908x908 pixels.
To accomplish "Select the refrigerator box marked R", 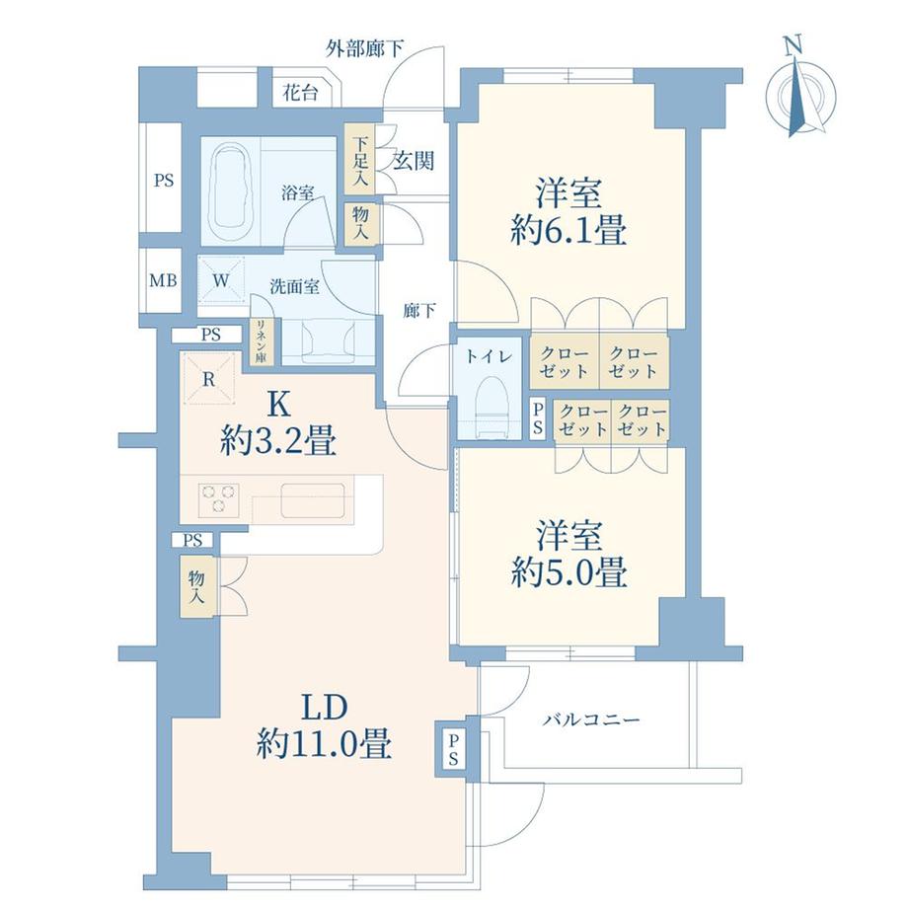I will [209, 378].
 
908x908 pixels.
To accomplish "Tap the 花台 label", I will [300, 94].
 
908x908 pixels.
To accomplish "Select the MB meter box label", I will [163, 280].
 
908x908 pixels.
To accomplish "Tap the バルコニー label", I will [590, 720].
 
